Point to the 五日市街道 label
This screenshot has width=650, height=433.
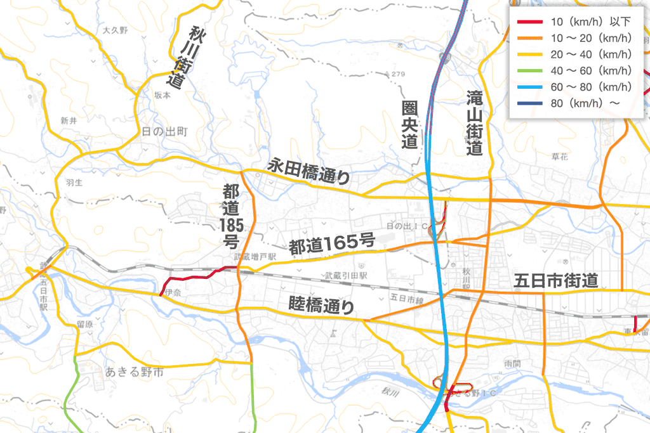click(556, 280)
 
